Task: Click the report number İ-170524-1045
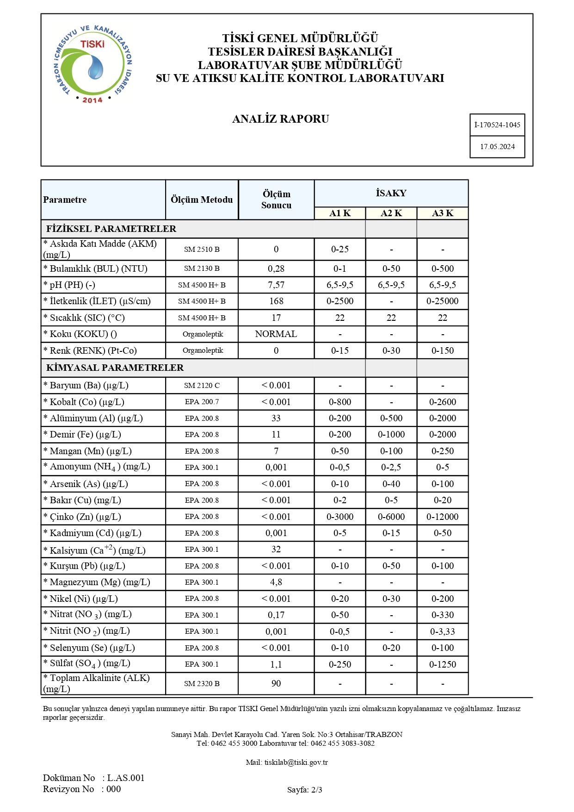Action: (x=497, y=125)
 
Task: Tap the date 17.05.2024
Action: (x=497, y=147)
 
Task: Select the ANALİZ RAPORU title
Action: (x=280, y=119)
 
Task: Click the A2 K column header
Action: (x=391, y=213)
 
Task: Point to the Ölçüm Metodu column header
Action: (x=202, y=200)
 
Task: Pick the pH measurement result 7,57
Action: (x=276, y=285)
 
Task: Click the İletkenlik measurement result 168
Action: (x=276, y=301)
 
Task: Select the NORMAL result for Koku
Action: (x=276, y=334)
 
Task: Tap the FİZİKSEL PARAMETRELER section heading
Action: (x=111, y=229)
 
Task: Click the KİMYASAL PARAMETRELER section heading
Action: (x=115, y=368)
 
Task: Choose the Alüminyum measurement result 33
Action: (x=276, y=418)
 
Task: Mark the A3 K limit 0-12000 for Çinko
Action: (x=443, y=517)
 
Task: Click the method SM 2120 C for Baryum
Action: (x=202, y=386)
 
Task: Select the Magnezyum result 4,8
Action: (x=276, y=582)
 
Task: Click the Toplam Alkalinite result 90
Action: (x=276, y=684)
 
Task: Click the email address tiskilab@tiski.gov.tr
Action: (x=296, y=762)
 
